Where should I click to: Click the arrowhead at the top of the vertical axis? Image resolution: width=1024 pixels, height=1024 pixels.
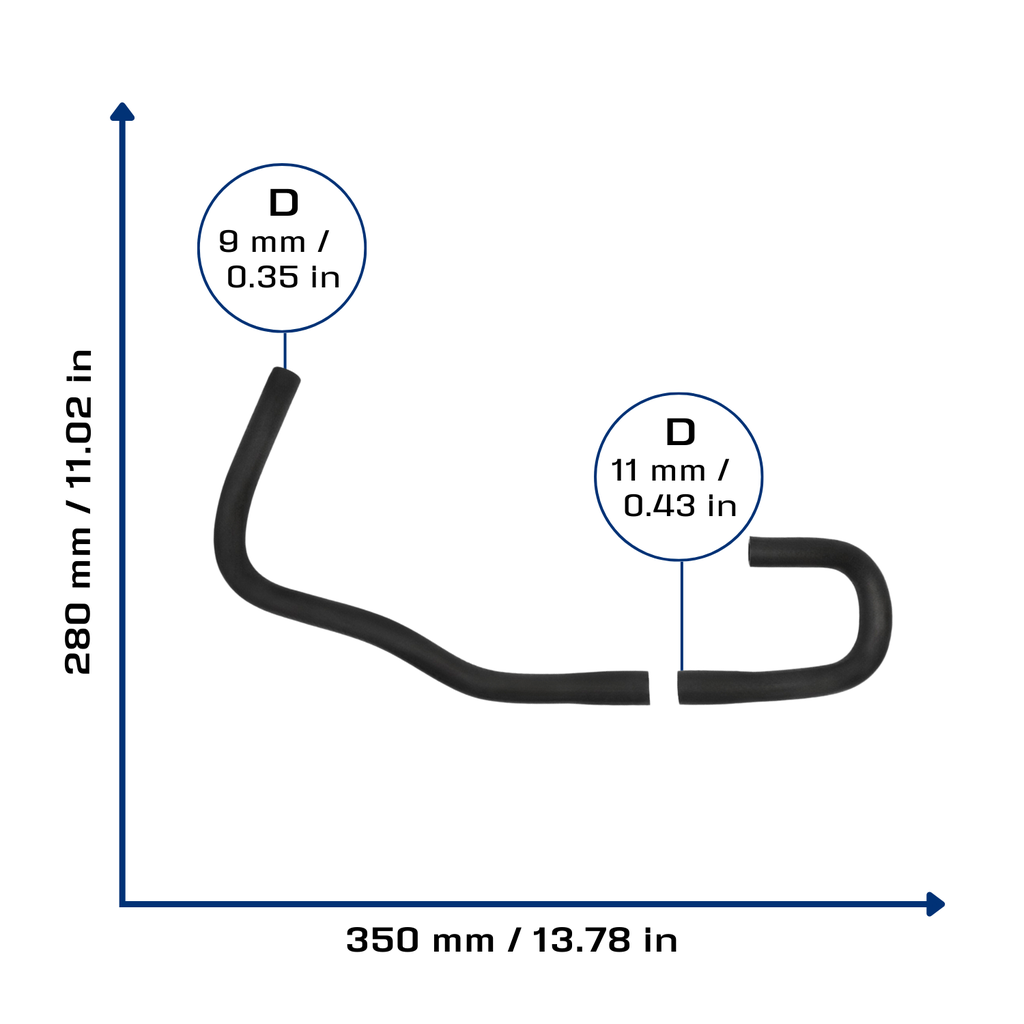(122, 112)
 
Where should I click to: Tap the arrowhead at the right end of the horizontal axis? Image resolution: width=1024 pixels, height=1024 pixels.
(935, 904)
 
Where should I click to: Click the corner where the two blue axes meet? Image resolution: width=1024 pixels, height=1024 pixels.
(122, 904)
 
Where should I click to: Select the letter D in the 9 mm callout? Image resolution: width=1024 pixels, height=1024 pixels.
(283, 203)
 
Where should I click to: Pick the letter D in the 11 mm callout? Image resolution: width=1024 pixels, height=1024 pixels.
(680, 432)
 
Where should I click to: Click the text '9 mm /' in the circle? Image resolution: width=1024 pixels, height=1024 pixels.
(273, 242)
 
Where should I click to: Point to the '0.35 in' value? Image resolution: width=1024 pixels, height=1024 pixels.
(283, 277)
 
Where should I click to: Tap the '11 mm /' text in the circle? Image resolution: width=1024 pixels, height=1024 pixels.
(669, 470)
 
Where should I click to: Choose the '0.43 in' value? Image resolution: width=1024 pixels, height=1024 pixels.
(680, 505)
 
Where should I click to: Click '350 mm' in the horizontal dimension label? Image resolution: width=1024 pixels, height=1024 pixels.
(419, 940)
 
